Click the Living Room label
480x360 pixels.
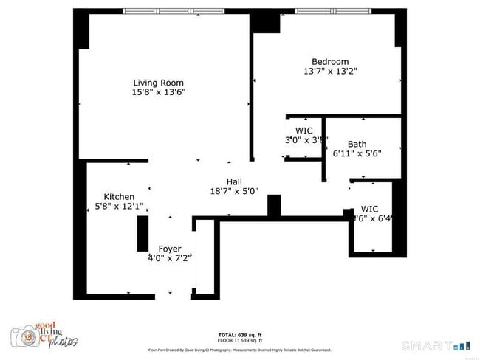coord(158,83)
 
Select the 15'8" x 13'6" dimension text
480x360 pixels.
coord(158,92)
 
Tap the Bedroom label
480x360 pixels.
coord(330,62)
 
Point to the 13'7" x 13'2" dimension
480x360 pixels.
coord(330,72)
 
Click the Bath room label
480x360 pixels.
coord(357,145)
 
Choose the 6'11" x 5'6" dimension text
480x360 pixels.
coord(357,154)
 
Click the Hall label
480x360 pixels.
coord(234,181)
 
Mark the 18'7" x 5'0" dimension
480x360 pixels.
coord(234,191)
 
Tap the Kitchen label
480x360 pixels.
coord(119,196)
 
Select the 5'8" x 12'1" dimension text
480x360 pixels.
coord(119,207)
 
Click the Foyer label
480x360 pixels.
coord(170,249)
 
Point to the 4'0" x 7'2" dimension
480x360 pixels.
coord(170,258)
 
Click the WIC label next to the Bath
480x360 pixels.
coord(304,131)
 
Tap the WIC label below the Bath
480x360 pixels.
coord(370,209)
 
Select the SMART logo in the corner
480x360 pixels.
coord(435,345)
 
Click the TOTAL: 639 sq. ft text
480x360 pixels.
coord(239,335)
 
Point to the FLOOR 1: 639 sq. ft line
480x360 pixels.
coord(239,340)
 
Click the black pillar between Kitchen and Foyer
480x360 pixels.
coord(142,235)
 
